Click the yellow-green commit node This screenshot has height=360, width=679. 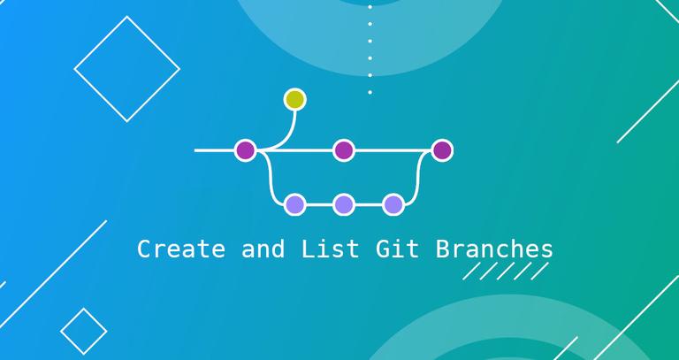coord(294,99)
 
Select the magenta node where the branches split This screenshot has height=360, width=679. coord(245,150)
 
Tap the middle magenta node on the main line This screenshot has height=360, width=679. coord(344,150)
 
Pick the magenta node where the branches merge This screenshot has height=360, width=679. coord(442,150)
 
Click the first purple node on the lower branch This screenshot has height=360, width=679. coord(294,205)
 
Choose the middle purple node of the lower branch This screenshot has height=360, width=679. coord(344,205)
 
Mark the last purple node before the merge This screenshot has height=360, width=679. coord(393,205)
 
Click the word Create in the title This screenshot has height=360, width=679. coord(180,249)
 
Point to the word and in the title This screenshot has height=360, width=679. coord(263,249)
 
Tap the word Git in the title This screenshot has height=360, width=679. coord(396,249)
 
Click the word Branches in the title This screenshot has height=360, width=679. coord(494,249)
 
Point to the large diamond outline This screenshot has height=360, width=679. coord(127,69)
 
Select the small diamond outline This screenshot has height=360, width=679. coord(84,330)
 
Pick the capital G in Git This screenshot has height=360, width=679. coord(385,249)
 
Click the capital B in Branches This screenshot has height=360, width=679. coord(441,249)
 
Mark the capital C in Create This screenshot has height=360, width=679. coord(144,249)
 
